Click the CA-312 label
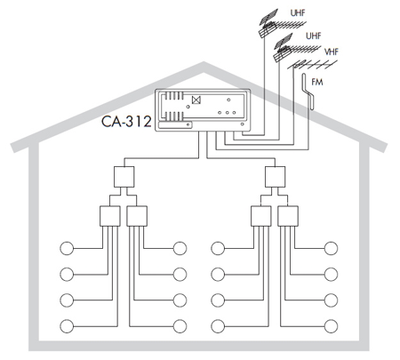coord(126,122)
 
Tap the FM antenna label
coord(317,82)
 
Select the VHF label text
coord(331,52)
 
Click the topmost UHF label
coord(298,13)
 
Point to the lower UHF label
coord(314,36)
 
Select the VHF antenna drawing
coord(313,64)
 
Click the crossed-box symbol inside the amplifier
coord(196,100)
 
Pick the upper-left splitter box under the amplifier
coord(124,177)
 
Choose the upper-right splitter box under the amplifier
coord(275,177)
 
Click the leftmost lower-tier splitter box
coord(109,216)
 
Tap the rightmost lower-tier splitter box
coord(288,216)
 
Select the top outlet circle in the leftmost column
coord(67,248)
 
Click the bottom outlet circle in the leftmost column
coord(67,326)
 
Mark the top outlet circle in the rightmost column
coord(331,248)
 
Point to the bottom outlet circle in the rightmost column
coord(331,326)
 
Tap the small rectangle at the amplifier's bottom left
coord(175,125)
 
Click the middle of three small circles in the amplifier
coord(227,113)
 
